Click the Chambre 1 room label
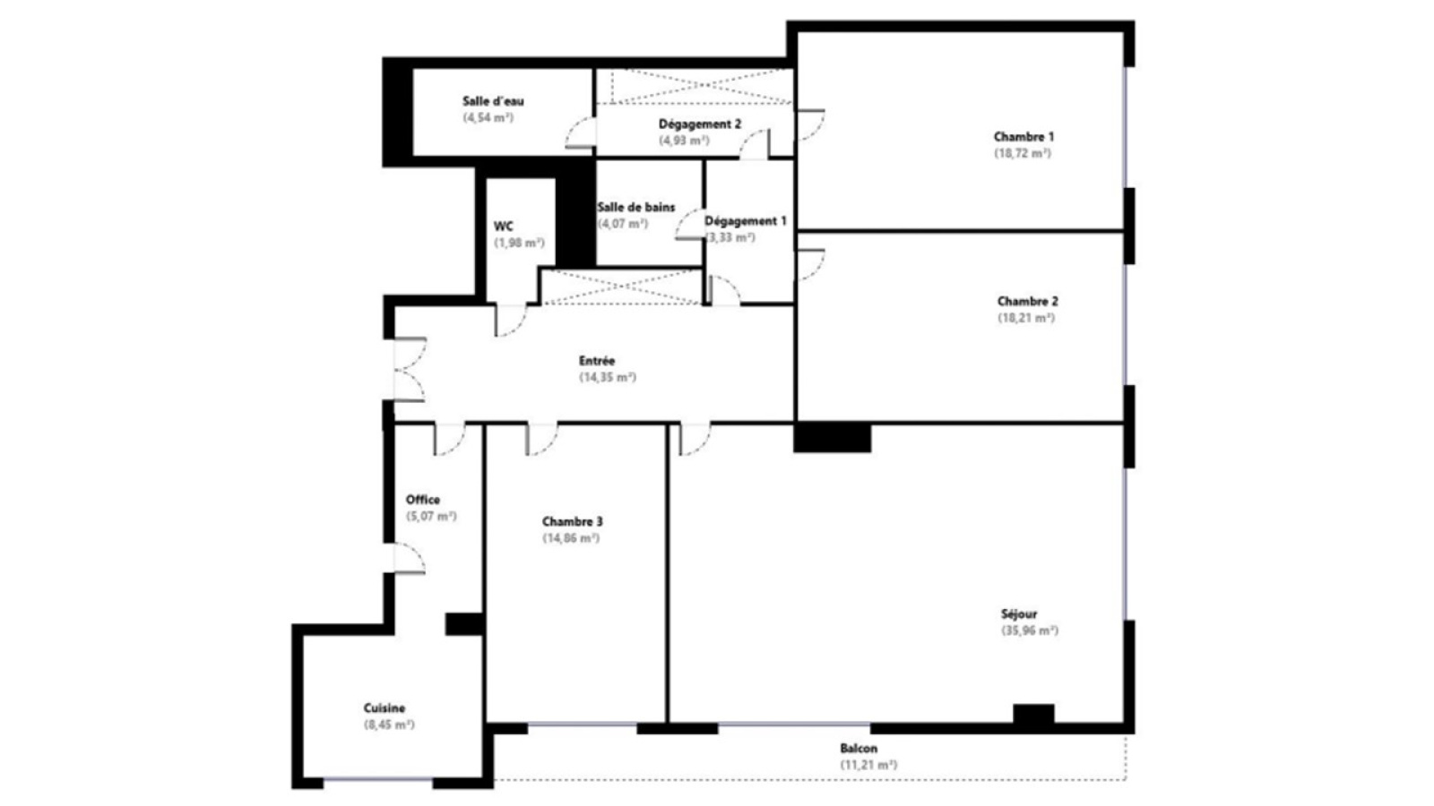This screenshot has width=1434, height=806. point(1024,136)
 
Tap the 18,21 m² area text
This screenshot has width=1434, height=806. point(1026,318)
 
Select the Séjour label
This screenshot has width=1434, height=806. point(1019,614)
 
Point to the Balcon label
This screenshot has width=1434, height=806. point(859,749)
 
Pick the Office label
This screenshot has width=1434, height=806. point(422,500)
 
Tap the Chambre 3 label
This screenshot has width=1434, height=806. point(573,521)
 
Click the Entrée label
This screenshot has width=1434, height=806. point(597,361)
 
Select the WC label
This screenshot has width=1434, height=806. point(503,227)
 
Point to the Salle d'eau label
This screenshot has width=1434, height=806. point(493,101)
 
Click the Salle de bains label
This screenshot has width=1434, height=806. point(635,207)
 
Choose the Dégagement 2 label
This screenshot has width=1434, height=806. point(700,124)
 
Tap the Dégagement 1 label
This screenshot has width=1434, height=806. point(745,221)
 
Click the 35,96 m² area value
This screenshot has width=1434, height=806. point(1030,630)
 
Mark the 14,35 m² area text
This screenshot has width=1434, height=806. point(608,377)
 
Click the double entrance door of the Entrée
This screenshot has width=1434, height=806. point(410,370)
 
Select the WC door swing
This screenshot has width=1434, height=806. point(511,321)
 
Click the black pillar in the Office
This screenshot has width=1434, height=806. point(464,624)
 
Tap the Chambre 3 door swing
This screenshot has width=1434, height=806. point(541,440)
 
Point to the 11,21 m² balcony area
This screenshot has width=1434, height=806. point(868,765)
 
